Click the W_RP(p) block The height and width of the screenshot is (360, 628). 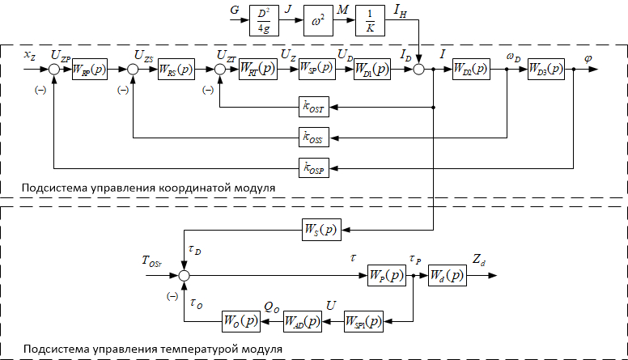89,70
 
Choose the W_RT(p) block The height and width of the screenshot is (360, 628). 257,70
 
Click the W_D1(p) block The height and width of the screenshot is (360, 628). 372,70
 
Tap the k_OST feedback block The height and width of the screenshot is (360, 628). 314,107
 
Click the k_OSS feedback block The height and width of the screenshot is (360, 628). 314,138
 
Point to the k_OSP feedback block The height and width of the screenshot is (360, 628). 314,168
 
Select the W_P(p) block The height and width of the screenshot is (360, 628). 386,275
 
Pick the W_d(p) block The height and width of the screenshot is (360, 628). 447,275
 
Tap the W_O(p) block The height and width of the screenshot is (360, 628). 242,321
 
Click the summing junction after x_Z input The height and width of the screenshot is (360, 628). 54,70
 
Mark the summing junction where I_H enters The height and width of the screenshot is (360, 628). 419,70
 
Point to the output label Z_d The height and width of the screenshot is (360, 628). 479,262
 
